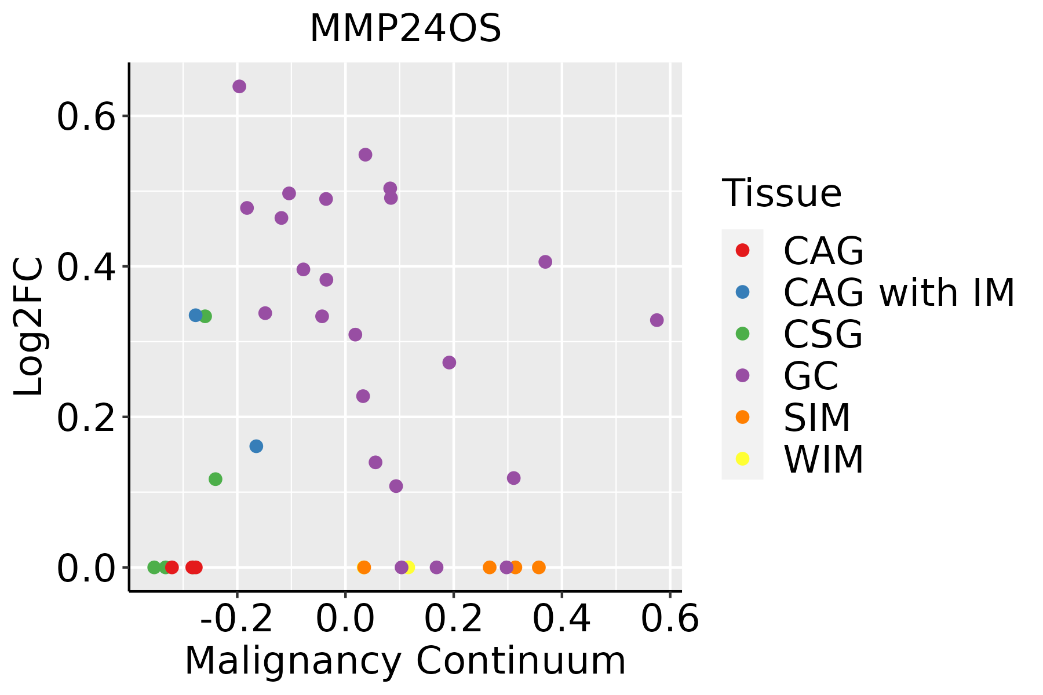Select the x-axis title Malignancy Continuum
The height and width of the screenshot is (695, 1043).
405,661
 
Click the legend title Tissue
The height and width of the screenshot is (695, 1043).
782,193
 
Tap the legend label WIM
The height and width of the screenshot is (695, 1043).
823,459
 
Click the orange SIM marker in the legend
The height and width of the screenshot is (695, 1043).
742,417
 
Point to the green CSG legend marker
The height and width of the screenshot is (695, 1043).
742,334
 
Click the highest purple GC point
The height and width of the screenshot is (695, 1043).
239,87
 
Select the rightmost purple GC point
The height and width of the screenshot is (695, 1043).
657,320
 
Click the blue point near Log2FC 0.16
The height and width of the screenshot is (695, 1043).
256,447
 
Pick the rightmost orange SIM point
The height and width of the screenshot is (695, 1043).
539,567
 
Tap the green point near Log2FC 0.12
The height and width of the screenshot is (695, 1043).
216,479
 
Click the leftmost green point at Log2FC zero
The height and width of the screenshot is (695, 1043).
154,567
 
